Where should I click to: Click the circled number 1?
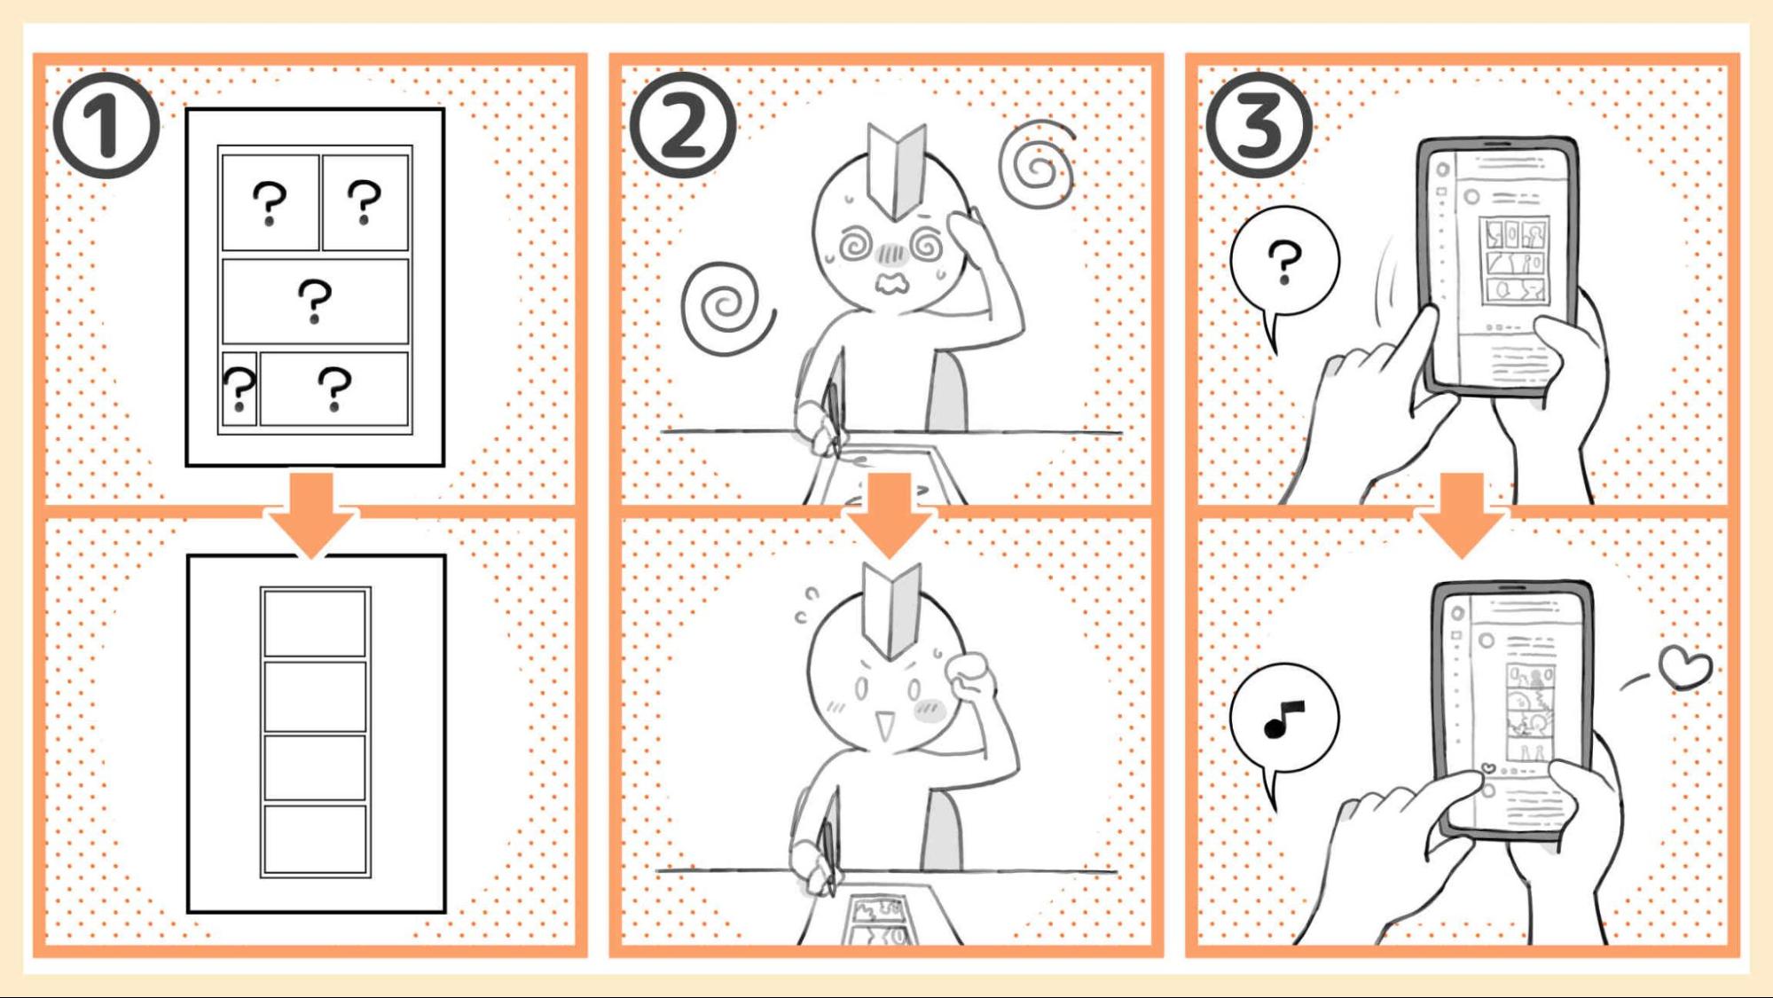[106, 125]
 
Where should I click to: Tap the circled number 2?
[683, 125]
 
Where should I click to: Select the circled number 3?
[1259, 125]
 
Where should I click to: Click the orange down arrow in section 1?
[311, 515]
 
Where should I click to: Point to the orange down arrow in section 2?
[888, 515]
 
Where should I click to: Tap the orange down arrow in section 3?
[1463, 515]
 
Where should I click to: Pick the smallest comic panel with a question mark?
[239, 389]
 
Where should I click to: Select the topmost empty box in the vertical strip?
[315, 623]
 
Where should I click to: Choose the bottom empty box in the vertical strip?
[315, 839]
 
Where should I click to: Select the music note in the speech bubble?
[1283, 719]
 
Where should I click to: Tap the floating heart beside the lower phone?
[1685, 667]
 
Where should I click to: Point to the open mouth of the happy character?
[884, 727]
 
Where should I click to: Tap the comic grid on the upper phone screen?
[1515, 262]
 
